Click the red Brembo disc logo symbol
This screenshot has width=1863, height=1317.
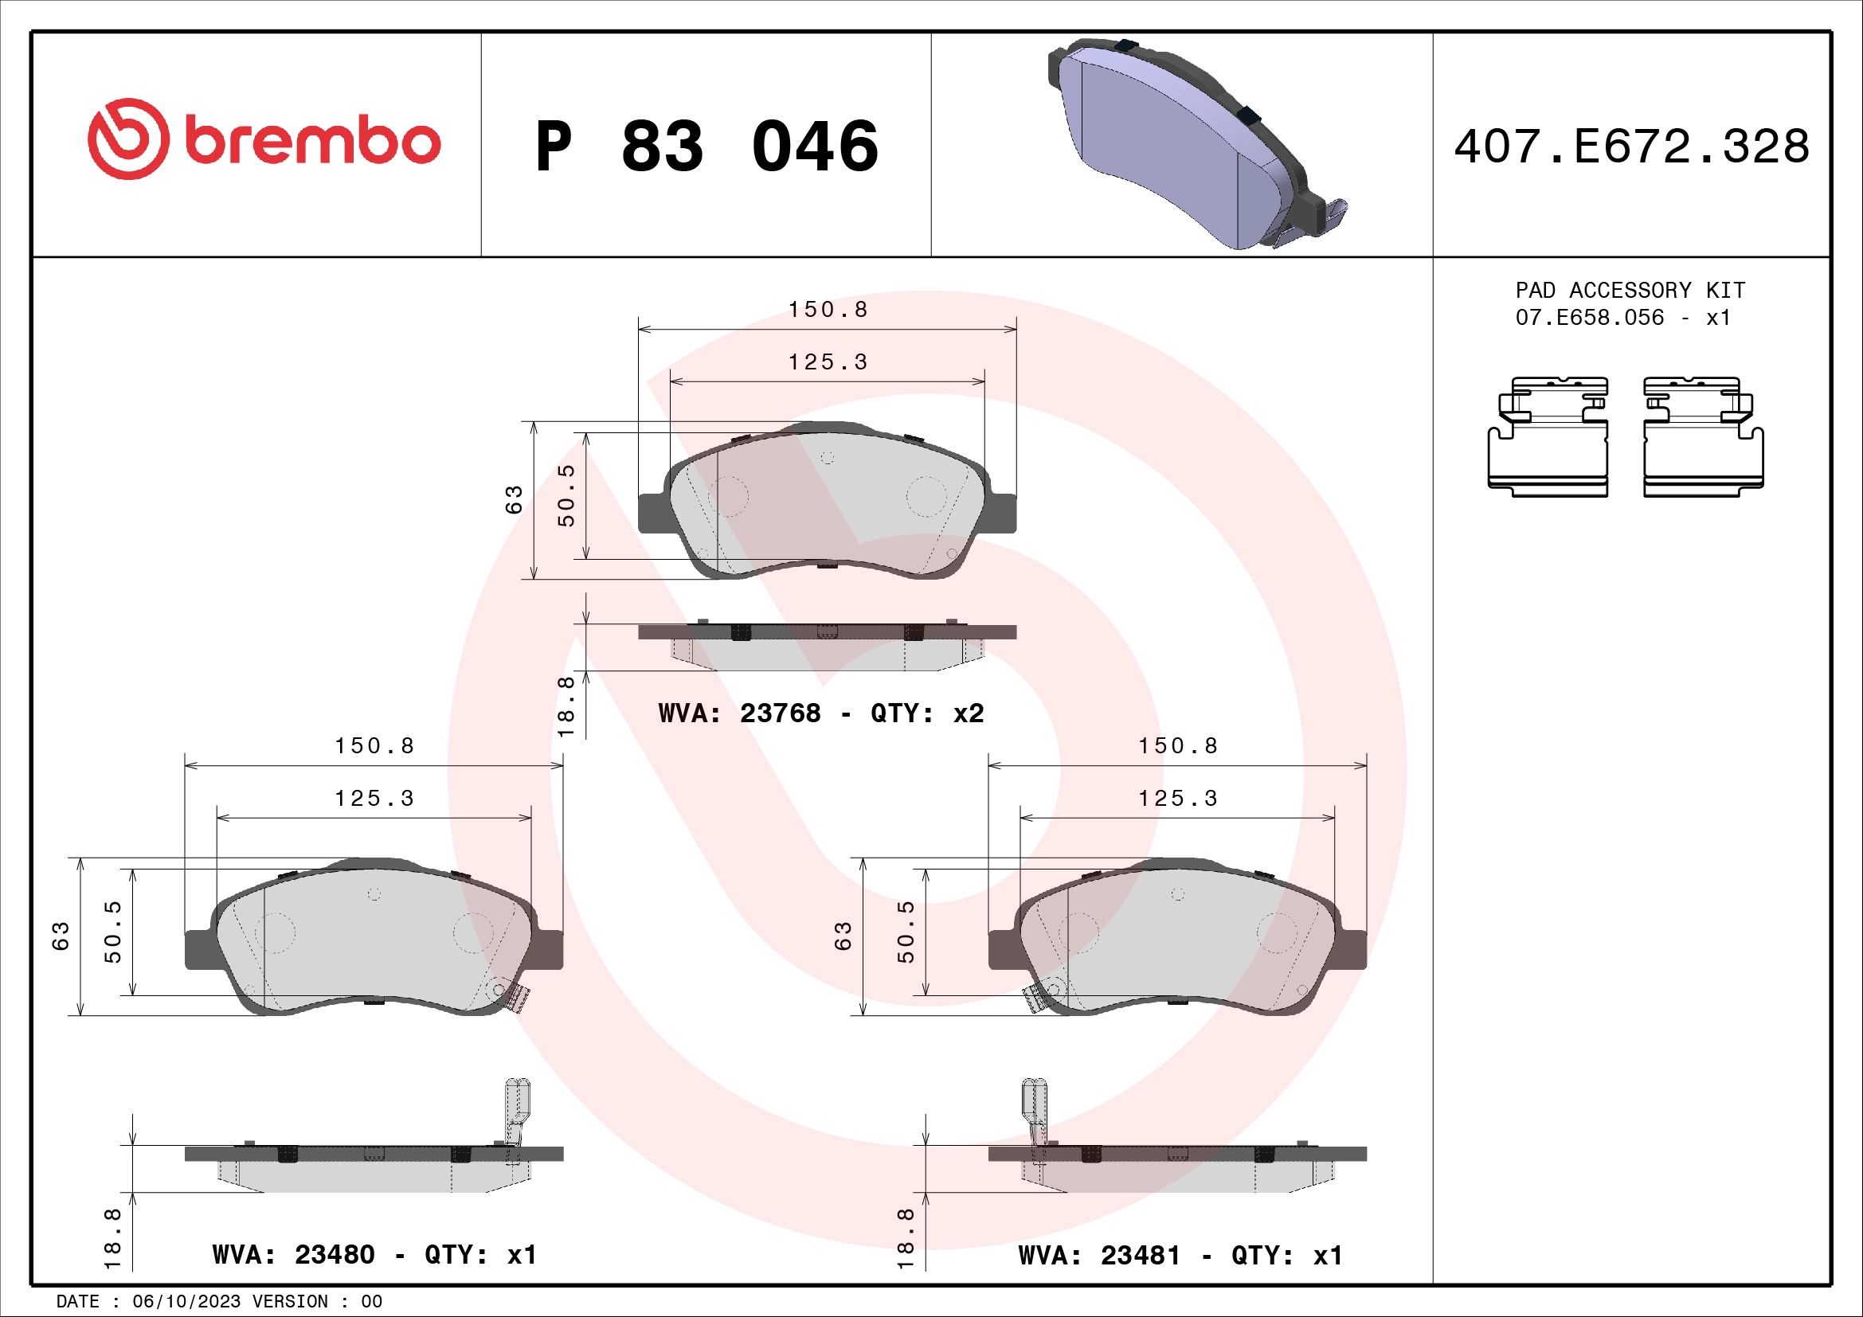click(128, 139)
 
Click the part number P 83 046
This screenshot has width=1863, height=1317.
click(706, 147)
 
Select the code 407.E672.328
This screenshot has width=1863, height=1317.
click(1631, 147)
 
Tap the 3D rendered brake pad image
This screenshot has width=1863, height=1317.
click(1193, 142)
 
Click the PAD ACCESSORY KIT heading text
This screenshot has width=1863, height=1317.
click(1630, 291)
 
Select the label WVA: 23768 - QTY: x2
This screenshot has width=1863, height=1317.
click(820, 713)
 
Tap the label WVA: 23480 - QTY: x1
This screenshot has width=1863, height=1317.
click(374, 1256)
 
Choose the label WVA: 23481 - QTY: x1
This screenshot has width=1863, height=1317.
click(1180, 1256)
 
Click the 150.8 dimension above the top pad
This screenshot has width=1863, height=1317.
click(828, 310)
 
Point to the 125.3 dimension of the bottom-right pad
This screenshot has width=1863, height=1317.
click(1177, 799)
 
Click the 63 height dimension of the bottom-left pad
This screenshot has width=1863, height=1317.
click(61, 936)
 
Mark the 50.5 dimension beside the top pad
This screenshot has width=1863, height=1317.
click(566, 495)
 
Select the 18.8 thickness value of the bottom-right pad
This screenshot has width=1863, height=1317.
click(906, 1238)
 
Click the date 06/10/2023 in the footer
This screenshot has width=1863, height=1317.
click(186, 1302)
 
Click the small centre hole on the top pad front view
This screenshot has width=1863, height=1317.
click(827, 458)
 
